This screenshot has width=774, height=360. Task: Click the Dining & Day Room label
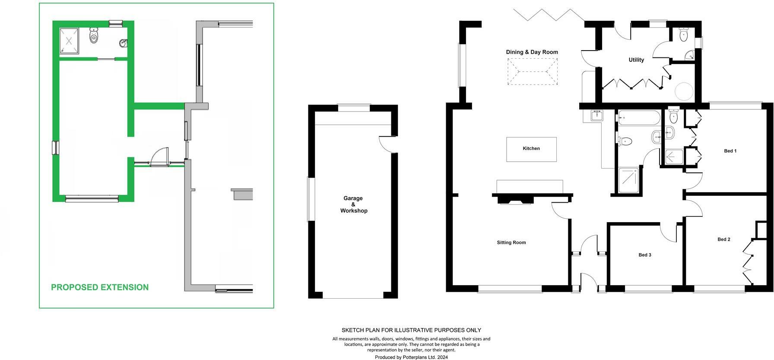pos(532,52)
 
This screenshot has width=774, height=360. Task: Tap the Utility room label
pos(636,60)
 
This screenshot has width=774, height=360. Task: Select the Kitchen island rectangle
pos(531,149)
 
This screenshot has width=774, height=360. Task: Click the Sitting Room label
pos(511,242)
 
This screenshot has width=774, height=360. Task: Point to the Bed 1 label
pos(730,151)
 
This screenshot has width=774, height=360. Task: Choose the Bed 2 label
pos(723,239)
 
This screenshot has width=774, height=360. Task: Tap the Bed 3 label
pos(644,255)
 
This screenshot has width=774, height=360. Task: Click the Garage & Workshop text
pos(353,204)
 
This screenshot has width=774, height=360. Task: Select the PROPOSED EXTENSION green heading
pos(100,287)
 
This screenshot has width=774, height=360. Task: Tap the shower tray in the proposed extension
pos(69,41)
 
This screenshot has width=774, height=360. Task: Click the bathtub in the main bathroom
pos(639,118)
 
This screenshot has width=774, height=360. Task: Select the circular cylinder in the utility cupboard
pos(684,91)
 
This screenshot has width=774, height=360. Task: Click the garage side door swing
pos(387,144)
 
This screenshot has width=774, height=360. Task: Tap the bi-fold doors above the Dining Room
pos(549,15)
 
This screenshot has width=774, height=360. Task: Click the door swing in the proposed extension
pos(160,156)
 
